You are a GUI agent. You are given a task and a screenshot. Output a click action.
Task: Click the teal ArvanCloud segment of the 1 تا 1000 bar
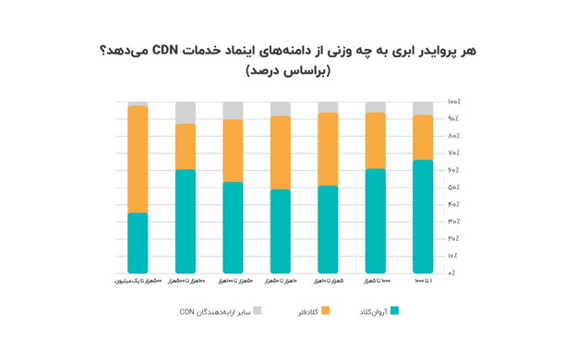click(x=423, y=217)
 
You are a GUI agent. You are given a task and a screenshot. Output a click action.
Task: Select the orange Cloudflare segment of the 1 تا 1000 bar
click(x=423, y=138)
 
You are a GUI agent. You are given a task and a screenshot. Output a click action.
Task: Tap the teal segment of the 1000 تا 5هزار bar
click(x=376, y=221)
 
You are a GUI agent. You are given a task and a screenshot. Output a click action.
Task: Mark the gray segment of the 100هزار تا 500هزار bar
click(x=186, y=113)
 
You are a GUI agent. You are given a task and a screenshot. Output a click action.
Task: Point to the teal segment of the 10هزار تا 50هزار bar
click(x=281, y=231)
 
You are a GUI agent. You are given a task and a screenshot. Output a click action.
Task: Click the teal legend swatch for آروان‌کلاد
click(x=395, y=311)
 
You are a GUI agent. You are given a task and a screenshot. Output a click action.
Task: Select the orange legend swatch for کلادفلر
click(x=325, y=311)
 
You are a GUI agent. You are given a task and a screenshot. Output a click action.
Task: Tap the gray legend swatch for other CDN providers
click(x=258, y=311)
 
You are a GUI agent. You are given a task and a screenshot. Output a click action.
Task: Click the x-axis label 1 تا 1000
click(x=423, y=281)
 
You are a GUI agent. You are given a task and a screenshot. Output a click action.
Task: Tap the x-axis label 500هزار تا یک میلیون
click(x=138, y=281)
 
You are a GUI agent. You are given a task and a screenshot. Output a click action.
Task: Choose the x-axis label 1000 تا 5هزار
click(x=376, y=281)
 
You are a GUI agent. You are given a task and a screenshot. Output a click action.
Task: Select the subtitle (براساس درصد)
click(x=288, y=71)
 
